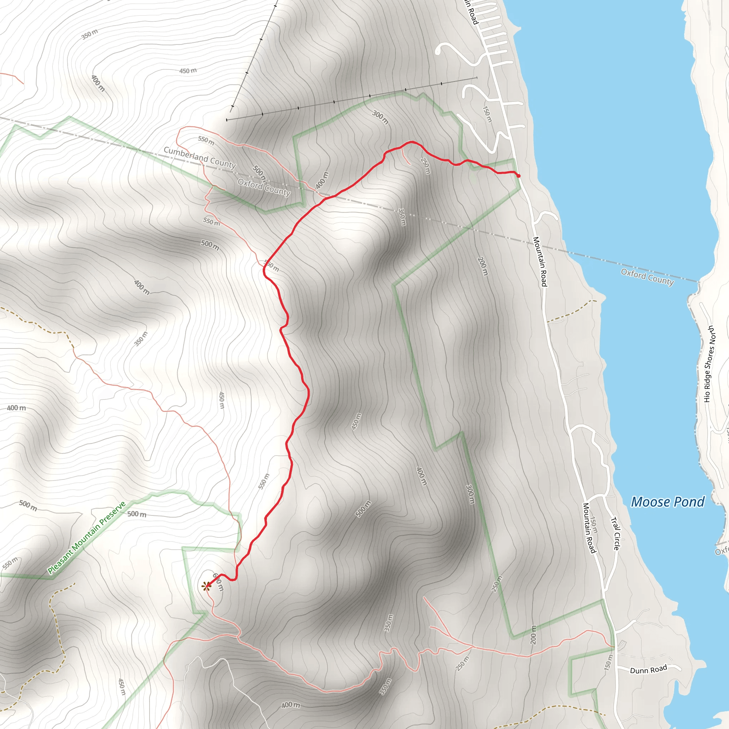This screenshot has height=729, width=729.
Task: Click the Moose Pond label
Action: point(667,502)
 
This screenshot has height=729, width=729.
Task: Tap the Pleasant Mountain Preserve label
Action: point(86,538)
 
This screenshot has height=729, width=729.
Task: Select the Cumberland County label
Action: point(200,157)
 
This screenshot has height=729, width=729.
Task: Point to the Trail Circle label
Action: point(615,534)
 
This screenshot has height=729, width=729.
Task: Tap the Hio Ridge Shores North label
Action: point(709,364)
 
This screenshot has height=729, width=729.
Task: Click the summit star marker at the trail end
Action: point(206,586)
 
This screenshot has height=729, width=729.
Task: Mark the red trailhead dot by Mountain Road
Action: point(518,176)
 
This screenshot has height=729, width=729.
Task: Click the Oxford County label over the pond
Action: point(647,277)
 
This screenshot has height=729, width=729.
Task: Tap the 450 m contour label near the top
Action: point(188,70)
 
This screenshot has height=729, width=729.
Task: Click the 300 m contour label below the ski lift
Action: point(381,117)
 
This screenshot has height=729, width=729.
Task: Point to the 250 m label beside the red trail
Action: point(425,166)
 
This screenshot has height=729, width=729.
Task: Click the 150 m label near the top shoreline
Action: point(488,114)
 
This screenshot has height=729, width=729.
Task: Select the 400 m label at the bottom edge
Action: point(290,705)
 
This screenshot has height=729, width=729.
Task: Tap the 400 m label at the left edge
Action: point(17,408)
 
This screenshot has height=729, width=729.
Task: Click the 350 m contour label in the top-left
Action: point(90,34)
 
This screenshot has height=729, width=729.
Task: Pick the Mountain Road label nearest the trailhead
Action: point(540,261)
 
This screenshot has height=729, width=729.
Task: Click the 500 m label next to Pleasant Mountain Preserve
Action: point(137,514)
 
